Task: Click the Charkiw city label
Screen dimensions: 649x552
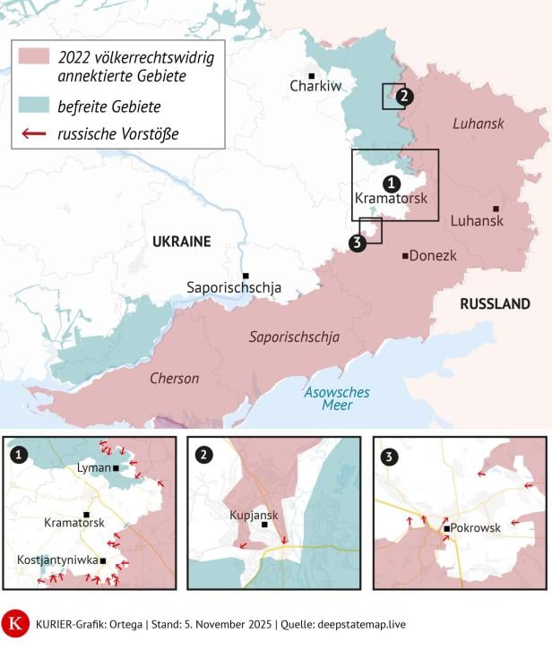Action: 315,87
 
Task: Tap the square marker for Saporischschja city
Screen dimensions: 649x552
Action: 246,275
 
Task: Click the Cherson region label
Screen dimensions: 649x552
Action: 174,379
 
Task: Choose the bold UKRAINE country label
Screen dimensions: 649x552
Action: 181,242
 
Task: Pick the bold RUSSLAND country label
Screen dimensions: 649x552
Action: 495,304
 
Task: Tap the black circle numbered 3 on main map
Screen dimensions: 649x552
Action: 357,243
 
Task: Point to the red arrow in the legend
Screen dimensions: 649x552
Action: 34,134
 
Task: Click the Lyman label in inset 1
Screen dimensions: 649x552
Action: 93,467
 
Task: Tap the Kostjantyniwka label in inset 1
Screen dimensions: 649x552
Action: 57,560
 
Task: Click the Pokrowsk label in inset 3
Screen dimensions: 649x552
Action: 476,528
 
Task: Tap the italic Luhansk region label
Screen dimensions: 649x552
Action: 479,124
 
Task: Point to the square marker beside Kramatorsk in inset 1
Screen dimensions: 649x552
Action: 86,514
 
